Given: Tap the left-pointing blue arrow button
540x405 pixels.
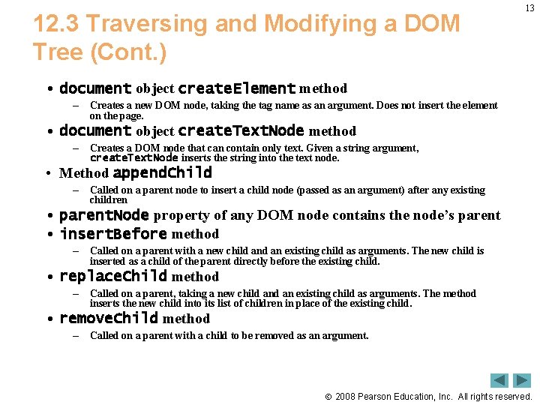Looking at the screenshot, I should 499,380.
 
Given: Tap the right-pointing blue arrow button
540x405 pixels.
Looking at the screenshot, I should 522,380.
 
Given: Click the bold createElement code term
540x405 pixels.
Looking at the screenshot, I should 236,88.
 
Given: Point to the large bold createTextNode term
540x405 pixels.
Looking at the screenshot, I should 241,131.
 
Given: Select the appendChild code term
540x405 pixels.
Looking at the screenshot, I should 162,173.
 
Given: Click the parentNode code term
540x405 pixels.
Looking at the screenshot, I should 103,215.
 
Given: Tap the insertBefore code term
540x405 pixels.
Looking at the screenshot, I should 113,233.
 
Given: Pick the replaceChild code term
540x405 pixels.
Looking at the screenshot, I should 113,276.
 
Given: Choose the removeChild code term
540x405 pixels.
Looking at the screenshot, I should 109,318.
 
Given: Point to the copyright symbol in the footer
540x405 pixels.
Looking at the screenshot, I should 328,397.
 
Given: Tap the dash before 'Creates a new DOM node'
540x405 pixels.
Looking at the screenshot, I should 76,106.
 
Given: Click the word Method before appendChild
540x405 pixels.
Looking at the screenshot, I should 83,173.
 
